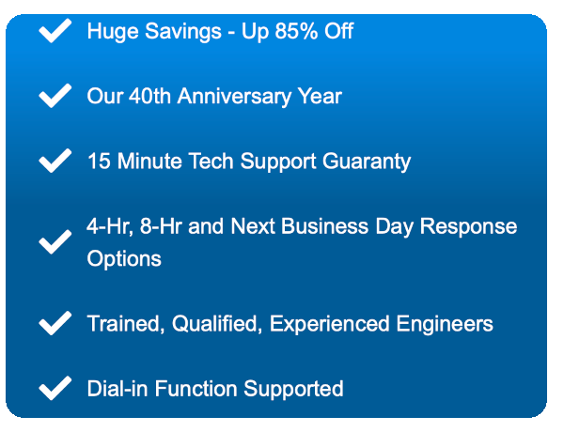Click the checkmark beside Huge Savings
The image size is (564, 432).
pyautogui.click(x=55, y=31)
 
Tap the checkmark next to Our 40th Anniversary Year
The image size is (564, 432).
pyautogui.click(x=55, y=96)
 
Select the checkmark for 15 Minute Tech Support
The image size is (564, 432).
pyautogui.click(x=55, y=161)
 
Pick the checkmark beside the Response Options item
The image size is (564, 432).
pyautogui.click(x=55, y=242)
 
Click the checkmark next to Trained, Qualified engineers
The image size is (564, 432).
pyautogui.click(x=55, y=323)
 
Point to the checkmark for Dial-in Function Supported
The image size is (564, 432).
pyautogui.click(x=55, y=388)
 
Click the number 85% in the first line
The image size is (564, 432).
pyautogui.click(x=296, y=31)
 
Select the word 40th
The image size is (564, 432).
pyautogui.click(x=149, y=96)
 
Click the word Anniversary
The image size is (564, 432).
pyautogui.click(x=234, y=97)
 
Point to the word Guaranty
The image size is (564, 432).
pyautogui.click(x=367, y=162)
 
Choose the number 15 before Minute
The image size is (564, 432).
pyautogui.click(x=99, y=161)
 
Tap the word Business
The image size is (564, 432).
pyautogui.click(x=325, y=226)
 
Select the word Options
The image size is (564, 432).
pyautogui.click(x=124, y=259)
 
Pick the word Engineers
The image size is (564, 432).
pyautogui.click(x=445, y=324)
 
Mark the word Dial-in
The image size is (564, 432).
pyautogui.click(x=117, y=389)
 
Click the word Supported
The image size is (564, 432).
pyautogui.click(x=293, y=389)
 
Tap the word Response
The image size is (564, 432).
pyautogui.click(x=468, y=227)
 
